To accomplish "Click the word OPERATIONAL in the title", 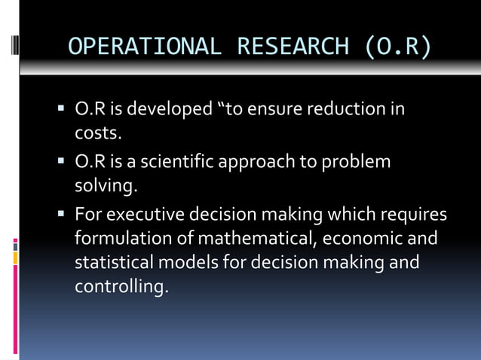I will pos(145,47).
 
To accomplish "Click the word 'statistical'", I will pos(111,264).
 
